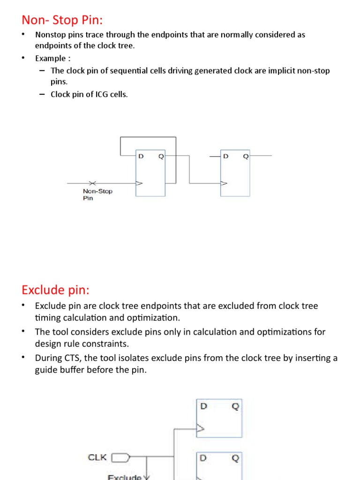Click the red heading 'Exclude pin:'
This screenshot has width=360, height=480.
pos(55,290)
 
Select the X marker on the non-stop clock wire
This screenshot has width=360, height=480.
pos(92,183)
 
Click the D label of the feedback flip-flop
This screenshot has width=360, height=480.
pos(141,157)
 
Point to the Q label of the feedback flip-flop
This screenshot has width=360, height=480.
pos(161,157)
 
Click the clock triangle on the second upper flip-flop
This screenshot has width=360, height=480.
pos(224,183)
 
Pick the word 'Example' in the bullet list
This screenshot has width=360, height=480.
pos(50,59)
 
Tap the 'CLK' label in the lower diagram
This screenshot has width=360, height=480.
pos(97,457)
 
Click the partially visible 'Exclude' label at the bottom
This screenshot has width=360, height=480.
pos(124,477)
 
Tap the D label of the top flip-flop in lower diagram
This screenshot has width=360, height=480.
pos(203,406)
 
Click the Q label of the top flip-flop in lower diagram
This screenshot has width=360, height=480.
pos(235,406)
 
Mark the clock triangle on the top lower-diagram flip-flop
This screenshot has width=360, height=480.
pos(200,428)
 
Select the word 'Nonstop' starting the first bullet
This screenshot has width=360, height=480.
pos(49,35)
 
